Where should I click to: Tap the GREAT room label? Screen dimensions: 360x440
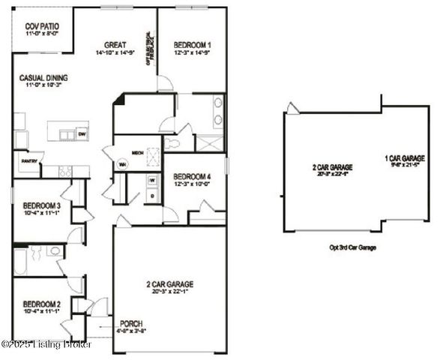coord(115,44)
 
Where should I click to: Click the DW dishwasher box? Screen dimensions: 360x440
coord(82,134)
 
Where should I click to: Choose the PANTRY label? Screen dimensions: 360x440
coord(28,160)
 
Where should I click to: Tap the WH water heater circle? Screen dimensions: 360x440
coord(121,165)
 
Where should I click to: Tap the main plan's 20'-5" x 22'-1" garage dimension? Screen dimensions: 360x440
coord(169,292)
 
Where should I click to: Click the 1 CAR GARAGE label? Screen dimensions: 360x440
coord(404,158)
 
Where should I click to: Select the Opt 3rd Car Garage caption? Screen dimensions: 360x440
coord(352,247)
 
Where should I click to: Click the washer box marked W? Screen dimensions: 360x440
coord(151,180)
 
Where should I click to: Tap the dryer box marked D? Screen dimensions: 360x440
coord(151,195)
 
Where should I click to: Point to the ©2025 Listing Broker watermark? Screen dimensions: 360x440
coord(46,344)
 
